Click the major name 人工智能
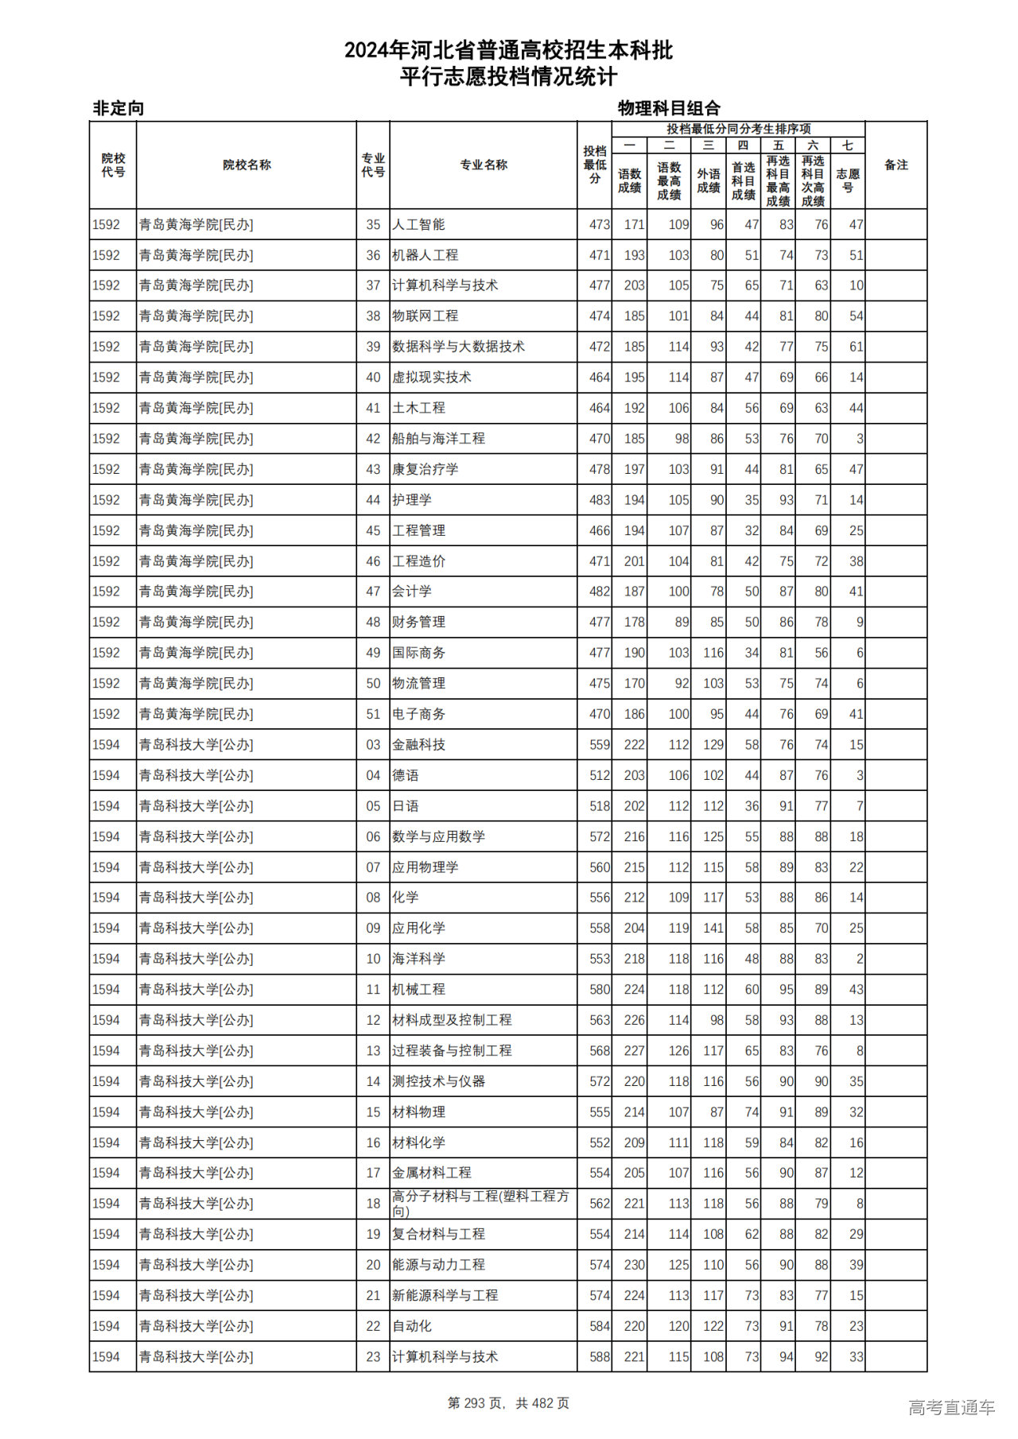click(418, 225)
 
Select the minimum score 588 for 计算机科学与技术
click(599, 1357)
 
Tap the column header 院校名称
click(247, 165)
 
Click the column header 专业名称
click(484, 165)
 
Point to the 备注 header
click(896, 165)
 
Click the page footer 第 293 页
click(476, 1403)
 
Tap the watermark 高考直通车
click(951, 1407)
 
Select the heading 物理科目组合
click(669, 108)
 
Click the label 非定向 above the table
click(119, 108)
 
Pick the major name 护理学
click(412, 500)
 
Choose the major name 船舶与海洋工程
click(438, 439)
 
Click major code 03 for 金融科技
click(373, 745)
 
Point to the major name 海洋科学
click(418, 959)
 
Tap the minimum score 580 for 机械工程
click(599, 990)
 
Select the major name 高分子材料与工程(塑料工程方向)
click(480, 1203)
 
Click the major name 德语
click(406, 775)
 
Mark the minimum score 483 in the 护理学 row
click(599, 500)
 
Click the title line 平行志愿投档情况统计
click(508, 77)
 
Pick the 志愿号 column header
click(848, 180)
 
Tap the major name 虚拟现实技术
click(431, 378)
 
